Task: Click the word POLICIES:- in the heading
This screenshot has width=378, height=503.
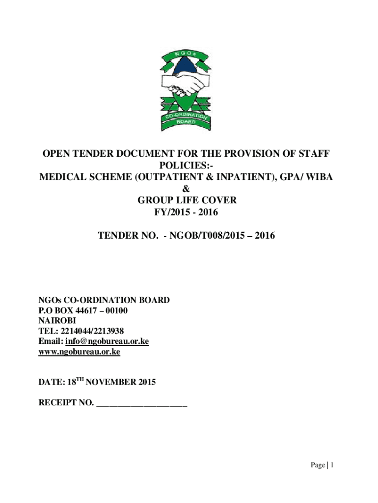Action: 186,166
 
